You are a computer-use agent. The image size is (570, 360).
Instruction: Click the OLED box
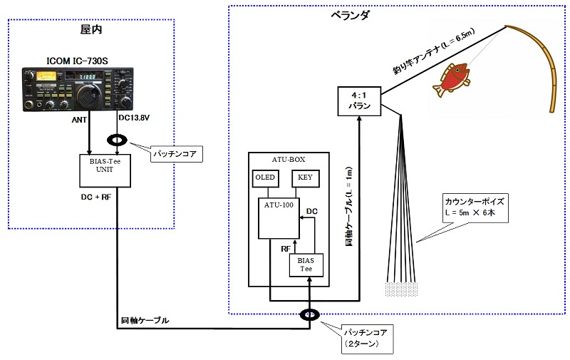pos(266,178)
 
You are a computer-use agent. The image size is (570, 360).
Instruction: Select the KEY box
pos(306,178)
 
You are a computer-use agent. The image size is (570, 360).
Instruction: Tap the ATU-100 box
pos(279,218)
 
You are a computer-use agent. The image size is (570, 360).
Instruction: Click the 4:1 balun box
pos(359,101)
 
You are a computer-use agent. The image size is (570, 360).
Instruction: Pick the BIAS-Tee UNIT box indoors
pos(105,170)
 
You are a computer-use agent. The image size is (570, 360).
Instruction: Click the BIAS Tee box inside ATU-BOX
pos(306,265)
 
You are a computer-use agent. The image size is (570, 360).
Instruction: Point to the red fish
pos(451,80)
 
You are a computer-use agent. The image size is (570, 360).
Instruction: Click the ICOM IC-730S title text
pos(77,61)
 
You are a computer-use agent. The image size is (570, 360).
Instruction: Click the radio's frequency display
pos(87,77)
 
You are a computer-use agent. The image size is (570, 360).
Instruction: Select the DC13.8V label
pos(134,118)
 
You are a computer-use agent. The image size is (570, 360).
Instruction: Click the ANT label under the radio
pos(79,120)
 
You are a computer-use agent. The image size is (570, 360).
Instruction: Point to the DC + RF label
pos(96,197)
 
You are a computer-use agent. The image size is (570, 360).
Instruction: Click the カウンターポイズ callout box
pos(475,208)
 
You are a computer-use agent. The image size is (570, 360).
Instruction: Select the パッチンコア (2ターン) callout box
pos(367,339)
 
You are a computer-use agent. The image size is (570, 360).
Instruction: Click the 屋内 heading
pos(91,29)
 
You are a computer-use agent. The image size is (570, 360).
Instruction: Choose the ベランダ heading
pos(350,15)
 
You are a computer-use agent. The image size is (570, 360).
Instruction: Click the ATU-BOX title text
pos(289,159)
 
